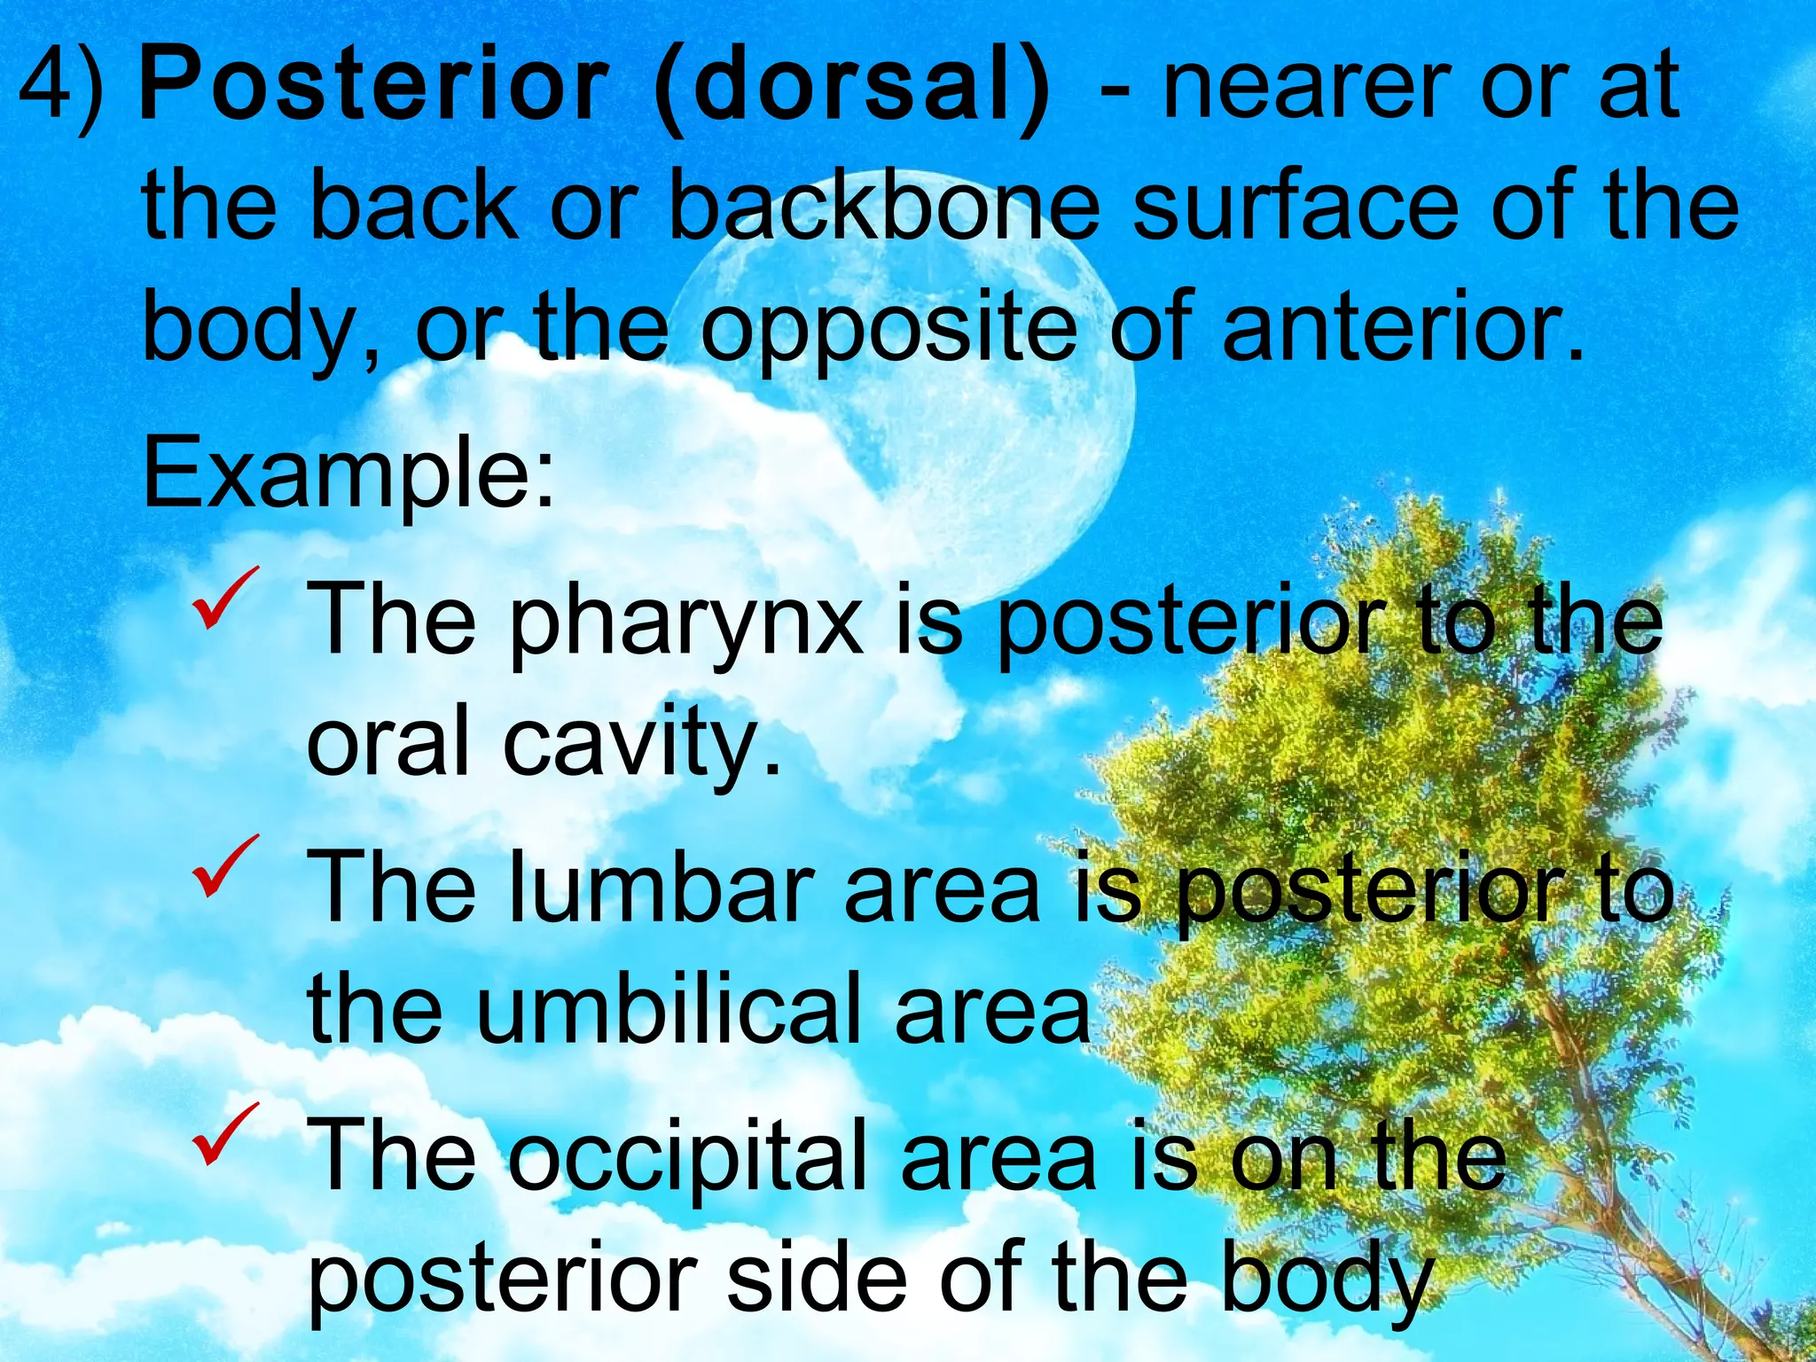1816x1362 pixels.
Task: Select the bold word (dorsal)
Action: coord(851,89)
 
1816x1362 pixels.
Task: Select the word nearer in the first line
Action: coord(1303,89)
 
